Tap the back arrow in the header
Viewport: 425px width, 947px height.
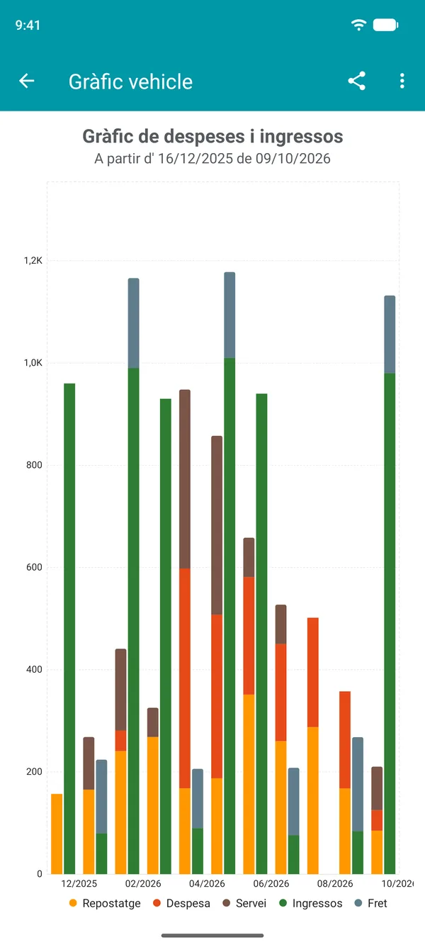tap(27, 81)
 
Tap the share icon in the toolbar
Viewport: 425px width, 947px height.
tap(356, 81)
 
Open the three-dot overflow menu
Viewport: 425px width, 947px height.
tap(402, 81)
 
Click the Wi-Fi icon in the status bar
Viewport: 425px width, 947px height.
tap(358, 25)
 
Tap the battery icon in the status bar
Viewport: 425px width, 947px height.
tap(385, 25)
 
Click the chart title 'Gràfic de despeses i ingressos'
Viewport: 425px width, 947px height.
tap(212, 136)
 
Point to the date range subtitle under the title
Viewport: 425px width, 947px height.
tap(212, 159)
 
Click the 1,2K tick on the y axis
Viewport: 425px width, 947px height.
tap(33, 260)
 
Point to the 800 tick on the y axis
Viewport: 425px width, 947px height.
tap(34, 465)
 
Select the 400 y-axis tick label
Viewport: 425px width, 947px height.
tap(34, 669)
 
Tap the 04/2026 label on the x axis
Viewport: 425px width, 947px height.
tap(207, 883)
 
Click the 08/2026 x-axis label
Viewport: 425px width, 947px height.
tap(335, 883)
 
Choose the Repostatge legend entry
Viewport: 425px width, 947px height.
tap(105, 903)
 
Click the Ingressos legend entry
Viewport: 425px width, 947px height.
tap(310, 903)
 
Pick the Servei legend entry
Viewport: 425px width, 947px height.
tap(244, 903)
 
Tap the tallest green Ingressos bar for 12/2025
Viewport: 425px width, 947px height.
tap(69, 628)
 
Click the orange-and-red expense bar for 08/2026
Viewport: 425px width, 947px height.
tap(312, 746)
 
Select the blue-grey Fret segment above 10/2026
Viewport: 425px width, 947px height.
tap(390, 335)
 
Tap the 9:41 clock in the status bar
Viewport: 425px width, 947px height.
tap(28, 26)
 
